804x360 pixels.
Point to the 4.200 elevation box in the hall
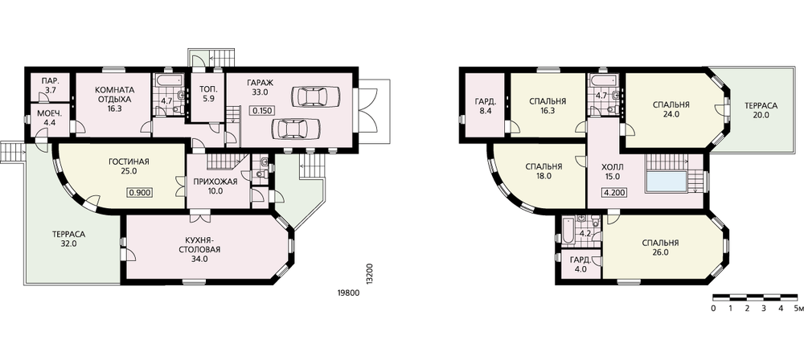coord(612,194)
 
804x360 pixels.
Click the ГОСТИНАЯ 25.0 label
coord(129,166)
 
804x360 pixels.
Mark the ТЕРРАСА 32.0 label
coord(68,239)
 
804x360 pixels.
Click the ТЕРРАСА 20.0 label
coord(761,110)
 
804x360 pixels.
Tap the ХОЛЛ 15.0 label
coord(612,171)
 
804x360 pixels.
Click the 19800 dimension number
coord(348,293)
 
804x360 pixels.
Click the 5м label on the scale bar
coord(798,309)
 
